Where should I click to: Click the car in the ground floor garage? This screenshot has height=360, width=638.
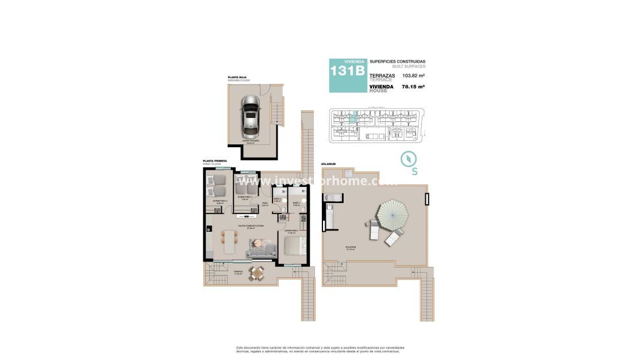(251, 116)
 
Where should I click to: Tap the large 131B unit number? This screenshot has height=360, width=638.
(347, 71)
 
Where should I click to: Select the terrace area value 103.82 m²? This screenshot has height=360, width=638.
(413, 76)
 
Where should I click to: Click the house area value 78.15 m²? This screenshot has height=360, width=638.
(413, 86)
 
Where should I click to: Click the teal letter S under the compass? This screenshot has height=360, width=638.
(414, 171)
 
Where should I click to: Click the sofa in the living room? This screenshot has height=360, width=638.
(262, 248)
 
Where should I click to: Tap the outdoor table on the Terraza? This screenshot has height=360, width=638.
(256, 274)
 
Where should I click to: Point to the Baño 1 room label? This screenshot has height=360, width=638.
(297, 203)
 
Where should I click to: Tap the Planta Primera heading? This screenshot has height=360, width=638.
(215, 160)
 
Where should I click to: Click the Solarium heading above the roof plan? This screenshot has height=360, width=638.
(328, 164)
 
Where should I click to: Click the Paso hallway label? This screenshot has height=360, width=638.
(265, 203)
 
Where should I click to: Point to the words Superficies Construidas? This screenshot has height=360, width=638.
(397, 62)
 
